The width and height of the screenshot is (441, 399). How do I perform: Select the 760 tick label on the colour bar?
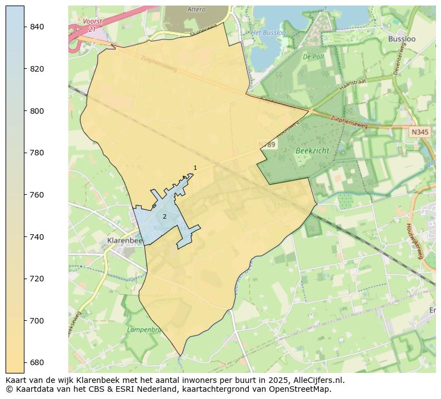click(x=37, y=195)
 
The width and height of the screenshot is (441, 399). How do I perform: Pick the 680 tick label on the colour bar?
click(x=37, y=362)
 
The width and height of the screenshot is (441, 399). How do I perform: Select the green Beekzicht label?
click(x=312, y=150)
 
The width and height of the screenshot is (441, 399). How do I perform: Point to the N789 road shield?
click(x=267, y=144)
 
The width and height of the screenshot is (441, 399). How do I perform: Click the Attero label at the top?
click(x=196, y=9)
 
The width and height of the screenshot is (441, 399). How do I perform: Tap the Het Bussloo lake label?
click(x=268, y=33)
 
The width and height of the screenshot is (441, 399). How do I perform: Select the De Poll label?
click(x=313, y=57)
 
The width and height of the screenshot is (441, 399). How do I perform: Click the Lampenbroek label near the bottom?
click(x=144, y=329)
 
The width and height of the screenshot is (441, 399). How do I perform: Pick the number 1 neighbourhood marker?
click(x=195, y=168)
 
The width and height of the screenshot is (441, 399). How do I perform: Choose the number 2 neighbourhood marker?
click(x=164, y=216)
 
